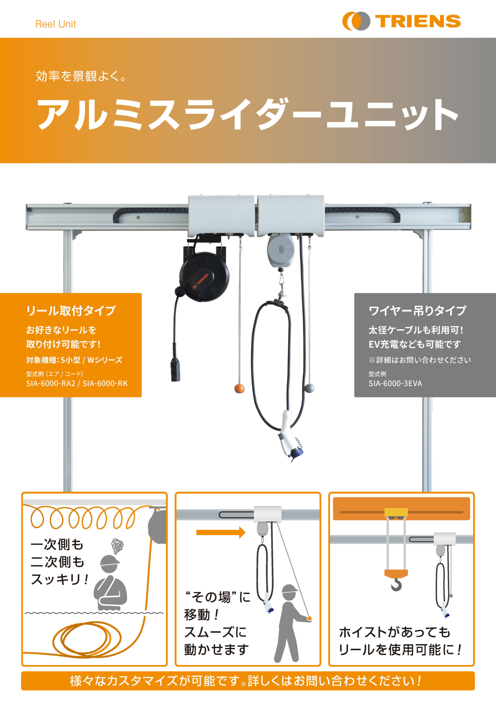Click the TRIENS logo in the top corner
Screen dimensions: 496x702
click(401, 21)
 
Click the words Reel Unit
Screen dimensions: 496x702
click(56, 24)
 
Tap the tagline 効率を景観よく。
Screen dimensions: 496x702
click(81, 76)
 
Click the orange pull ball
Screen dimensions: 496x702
click(239, 389)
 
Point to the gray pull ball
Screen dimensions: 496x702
click(309, 388)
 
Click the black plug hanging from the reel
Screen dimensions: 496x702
click(175, 370)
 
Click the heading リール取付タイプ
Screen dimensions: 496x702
click(71, 310)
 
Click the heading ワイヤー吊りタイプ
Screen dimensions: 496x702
click(417, 310)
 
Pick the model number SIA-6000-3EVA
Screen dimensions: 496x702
click(395, 383)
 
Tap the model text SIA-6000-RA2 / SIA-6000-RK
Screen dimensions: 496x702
click(77, 383)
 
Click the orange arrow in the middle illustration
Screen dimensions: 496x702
click(221, 532)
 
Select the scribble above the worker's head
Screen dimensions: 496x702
click(117, 546)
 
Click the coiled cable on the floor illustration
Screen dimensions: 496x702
click(87, 638)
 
